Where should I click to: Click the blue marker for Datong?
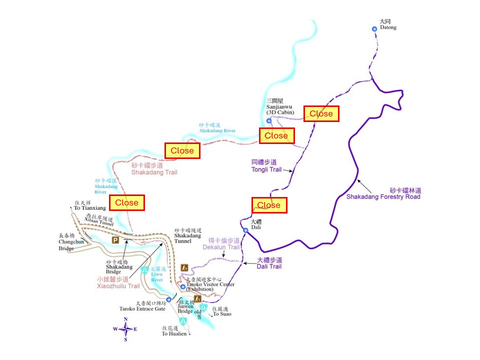374,29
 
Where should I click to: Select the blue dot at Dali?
245,230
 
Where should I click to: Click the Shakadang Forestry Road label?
383,193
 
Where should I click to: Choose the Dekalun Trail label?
221,244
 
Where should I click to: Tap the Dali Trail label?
269,263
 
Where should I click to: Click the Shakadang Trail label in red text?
154,169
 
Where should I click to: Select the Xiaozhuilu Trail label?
118,283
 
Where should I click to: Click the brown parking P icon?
115,240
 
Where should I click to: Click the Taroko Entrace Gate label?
142,306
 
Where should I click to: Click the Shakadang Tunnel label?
187,235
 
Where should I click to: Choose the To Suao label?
222,312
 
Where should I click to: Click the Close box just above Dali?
269,205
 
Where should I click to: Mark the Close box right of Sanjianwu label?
321,114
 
